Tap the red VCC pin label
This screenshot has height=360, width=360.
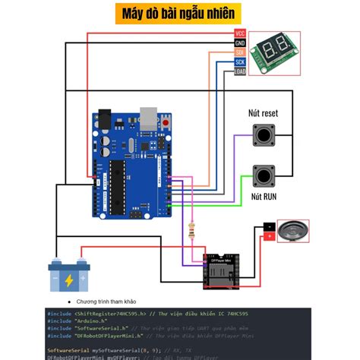coord(240,33)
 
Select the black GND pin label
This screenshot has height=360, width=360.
coord(240,43)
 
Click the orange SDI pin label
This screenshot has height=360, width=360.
coord(240,52)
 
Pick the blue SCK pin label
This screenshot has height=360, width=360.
coord(240,62)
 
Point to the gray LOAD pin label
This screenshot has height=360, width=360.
coord(240,71)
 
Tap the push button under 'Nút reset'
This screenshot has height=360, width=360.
coord(264,137)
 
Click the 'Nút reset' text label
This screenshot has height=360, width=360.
coord(264,114)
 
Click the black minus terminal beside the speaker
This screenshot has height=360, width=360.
coord(269,226)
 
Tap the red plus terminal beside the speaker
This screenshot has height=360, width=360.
coord(269,237)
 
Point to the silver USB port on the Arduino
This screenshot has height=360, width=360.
coord(150,118)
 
